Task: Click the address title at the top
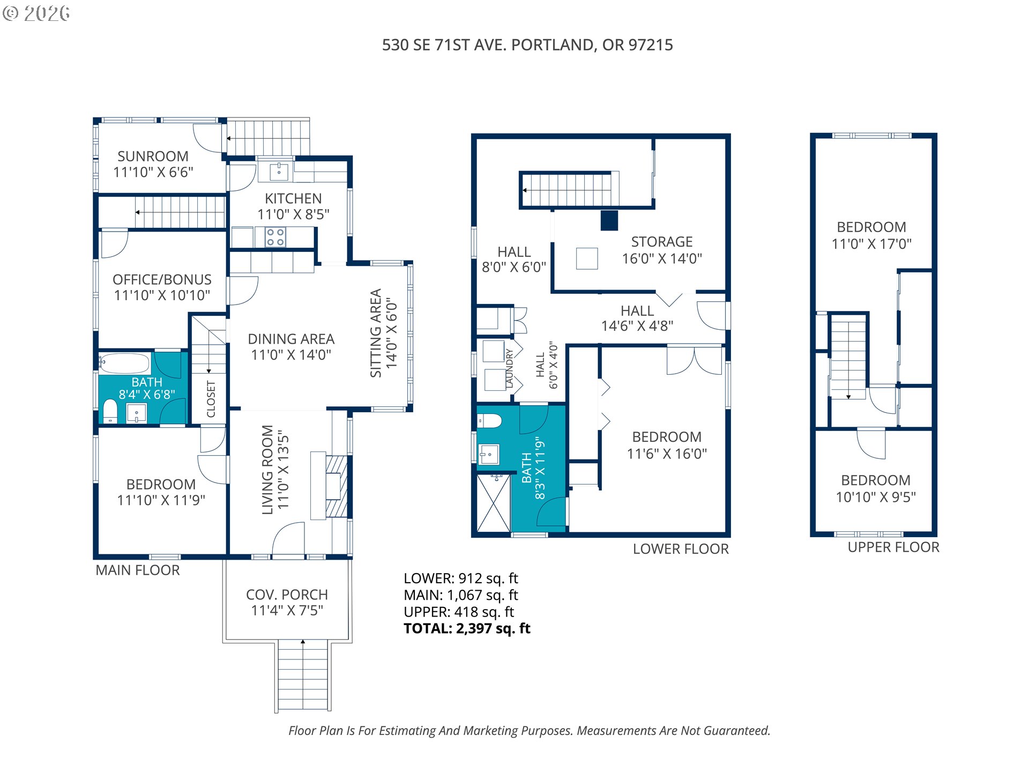527,45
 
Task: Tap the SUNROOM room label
153,157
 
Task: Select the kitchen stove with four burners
275,237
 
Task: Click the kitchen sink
279,172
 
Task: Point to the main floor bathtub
124,363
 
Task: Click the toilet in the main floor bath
110,411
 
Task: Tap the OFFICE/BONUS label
162,280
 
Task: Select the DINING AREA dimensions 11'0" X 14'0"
291,355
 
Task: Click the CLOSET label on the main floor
211,399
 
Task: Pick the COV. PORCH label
287,595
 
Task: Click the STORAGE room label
662,242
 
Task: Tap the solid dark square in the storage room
609,220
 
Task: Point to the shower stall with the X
493,503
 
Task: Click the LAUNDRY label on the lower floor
509,368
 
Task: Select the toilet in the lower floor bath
489,421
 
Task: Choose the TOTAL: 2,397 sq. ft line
467,629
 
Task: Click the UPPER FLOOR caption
893,547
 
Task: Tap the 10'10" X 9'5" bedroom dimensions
876,498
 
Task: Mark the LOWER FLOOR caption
681,549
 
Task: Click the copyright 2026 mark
36,13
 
